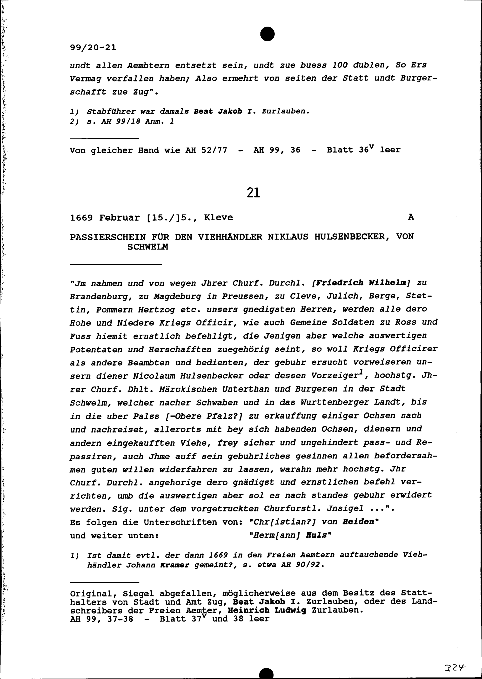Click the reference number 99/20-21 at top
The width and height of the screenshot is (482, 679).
click(93, 47)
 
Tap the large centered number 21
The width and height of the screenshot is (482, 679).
click(253, 193)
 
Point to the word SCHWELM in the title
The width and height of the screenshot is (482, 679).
click(147, 247)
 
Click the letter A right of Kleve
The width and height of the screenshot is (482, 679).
click(411, 217)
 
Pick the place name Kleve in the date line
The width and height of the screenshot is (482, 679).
click(218, 218)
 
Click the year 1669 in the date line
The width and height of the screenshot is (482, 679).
click(81, 218)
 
